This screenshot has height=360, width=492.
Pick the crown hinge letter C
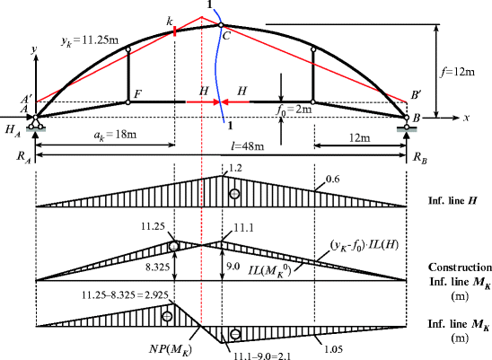click(226, 37)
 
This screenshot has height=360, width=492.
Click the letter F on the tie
click(138, 92)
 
